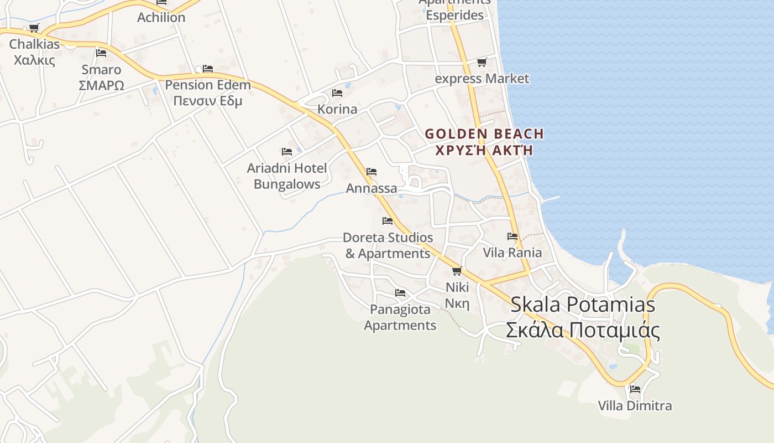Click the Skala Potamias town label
click(583, 317)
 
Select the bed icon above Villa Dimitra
click(635, 389)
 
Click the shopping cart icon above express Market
click(482, 63)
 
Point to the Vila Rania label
click(512, 253)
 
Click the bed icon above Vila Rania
click(512, 236)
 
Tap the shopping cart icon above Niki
click(457, 271)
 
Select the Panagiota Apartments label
click(400, 317)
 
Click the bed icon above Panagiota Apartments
click(400, 292)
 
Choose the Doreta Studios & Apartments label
click(388, 245)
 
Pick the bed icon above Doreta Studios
click(388, 221)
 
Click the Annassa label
click(372, 188)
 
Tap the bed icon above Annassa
click(372, 172)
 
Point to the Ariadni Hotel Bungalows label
click(287, 176)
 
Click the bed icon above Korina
click(337, 92)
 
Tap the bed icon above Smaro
click(101, 53)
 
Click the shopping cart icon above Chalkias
click(34, 28)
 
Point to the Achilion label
click(161, 17)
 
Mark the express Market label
click(482, 79)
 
